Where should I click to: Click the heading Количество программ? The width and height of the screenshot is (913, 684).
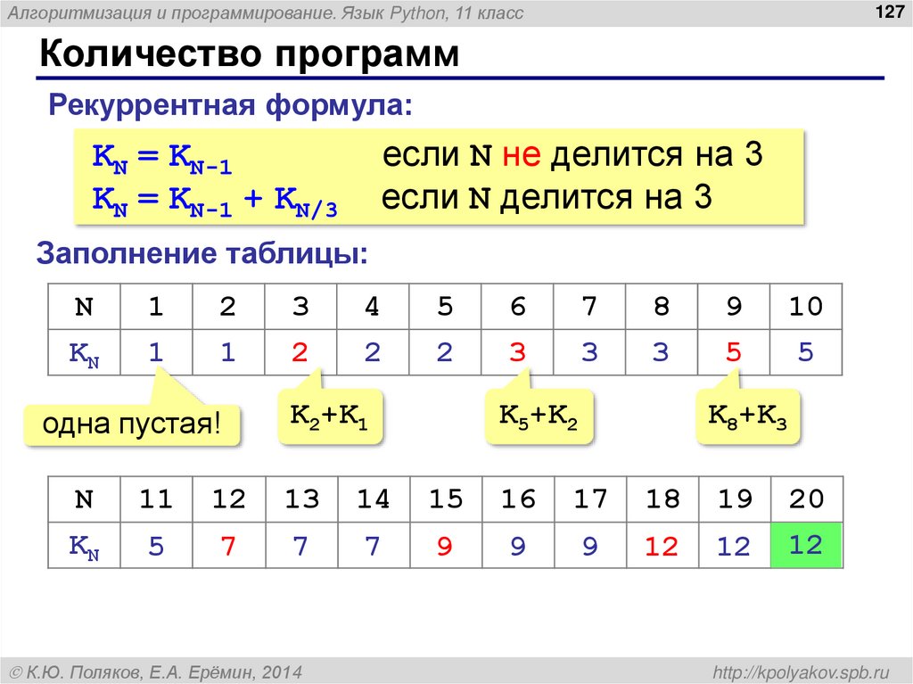(250, 56)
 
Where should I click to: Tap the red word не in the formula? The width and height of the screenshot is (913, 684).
(519, 156)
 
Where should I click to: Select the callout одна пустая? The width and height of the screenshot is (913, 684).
(132, 424)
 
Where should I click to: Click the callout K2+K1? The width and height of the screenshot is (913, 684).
(330, 416)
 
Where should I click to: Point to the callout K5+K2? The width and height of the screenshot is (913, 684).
(539, 416)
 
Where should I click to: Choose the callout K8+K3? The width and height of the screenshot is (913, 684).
(747, 416)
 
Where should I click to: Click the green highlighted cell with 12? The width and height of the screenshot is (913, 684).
(806, 544)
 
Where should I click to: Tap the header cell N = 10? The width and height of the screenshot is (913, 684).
(805, 307)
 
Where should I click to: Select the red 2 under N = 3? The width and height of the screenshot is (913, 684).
(300, 352)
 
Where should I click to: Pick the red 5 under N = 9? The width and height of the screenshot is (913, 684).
(733, 352)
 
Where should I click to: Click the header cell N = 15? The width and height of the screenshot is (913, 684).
(445, 499)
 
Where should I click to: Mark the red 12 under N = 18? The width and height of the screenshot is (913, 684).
(662, 546)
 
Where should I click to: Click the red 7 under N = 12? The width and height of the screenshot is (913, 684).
(228, 546)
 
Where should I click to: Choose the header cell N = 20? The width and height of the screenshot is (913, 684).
(806, 499)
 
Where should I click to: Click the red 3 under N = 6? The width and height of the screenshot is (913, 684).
(517, 352)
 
